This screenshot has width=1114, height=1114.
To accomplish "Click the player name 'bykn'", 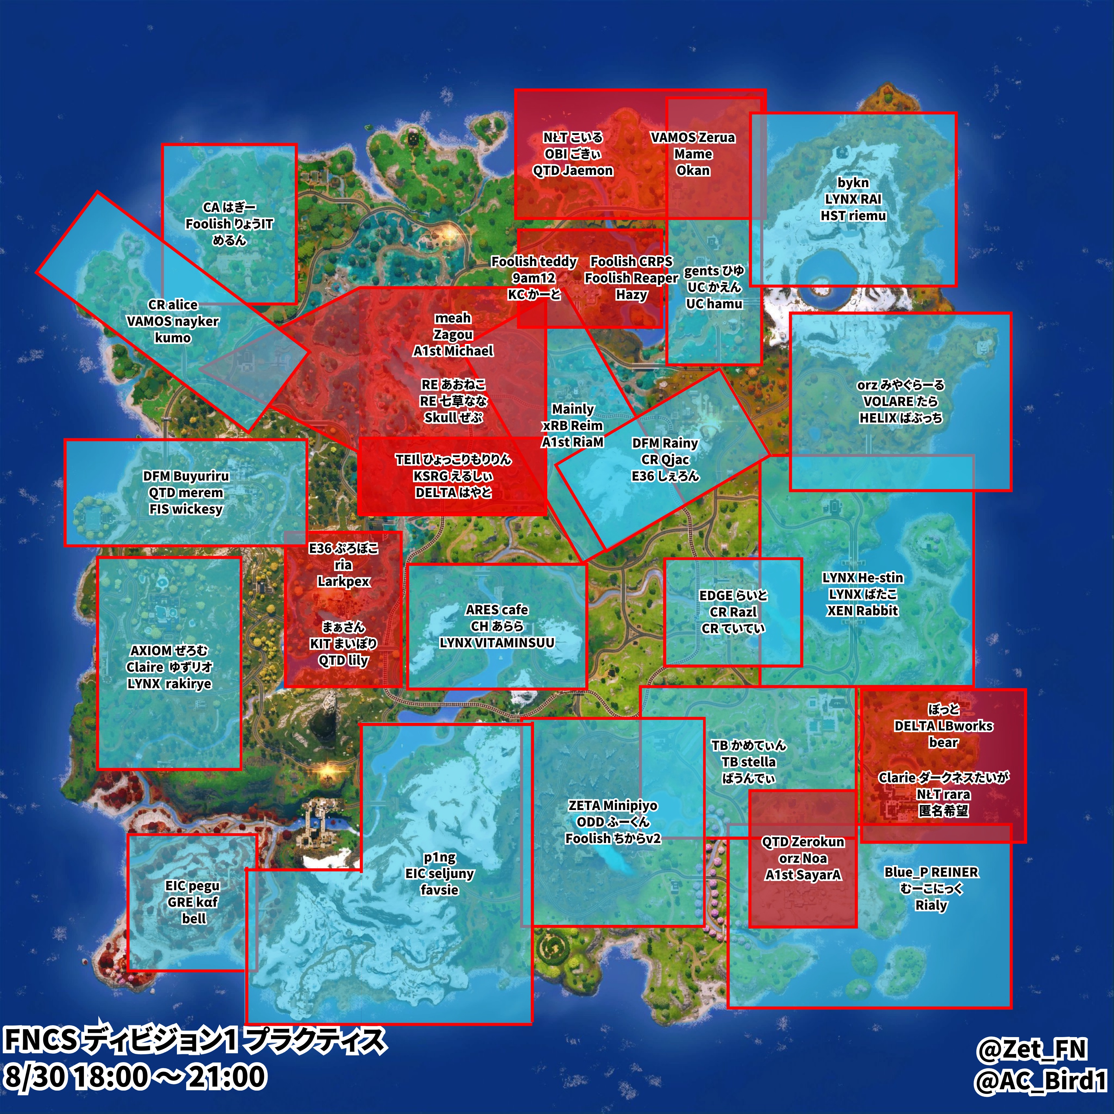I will pos(853,183).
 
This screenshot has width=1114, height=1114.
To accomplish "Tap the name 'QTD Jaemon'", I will pos(573,171).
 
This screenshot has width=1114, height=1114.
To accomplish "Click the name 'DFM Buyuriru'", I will pos(186,476).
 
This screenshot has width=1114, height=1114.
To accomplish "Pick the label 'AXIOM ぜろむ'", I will pos(169,650).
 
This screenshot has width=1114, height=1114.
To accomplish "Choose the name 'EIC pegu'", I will pos(192,886).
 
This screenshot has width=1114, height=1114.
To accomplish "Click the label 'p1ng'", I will pos(439,858).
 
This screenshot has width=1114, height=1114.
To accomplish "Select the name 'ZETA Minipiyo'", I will pos(612,805).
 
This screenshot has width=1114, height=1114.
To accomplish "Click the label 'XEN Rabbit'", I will pos(862,611).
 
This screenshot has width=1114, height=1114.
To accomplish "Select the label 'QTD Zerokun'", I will pos(803,842).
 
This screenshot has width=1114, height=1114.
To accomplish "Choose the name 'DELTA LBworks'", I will pos(943,726).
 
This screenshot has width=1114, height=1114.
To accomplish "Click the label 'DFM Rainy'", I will pos(665,443).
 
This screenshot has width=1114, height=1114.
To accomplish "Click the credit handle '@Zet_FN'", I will pos(1031,1049).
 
